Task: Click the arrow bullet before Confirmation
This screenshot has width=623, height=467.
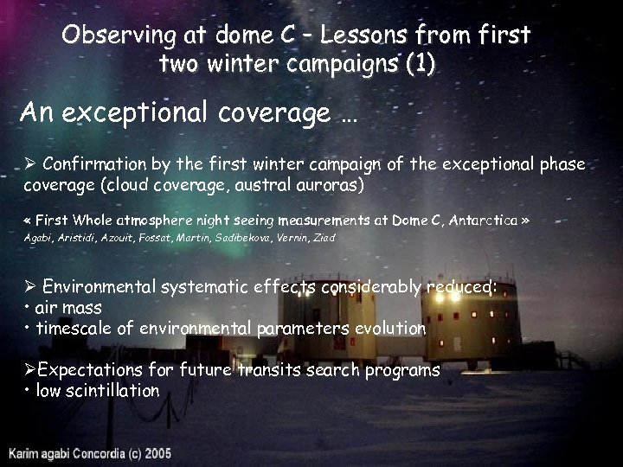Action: coord(29,164)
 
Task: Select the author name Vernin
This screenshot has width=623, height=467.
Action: coord(293,237)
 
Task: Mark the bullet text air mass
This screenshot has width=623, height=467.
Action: coord(69,308)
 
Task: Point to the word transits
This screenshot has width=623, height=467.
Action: coord(267,370)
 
